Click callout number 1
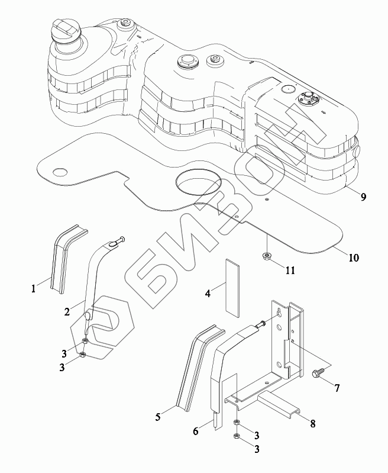pyautogui.click(x=34, y=288)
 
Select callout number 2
pyautogui.click(x=67, y=310)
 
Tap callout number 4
pyautogui.click(x=208, y=292)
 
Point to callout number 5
pyautogui.click(x=158, y=417)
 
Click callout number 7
pyautogui.click(x=337, y=388)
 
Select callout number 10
pyautogui.click(x=353, y=258)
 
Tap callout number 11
pyautogui.click(x=290, y=271)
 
